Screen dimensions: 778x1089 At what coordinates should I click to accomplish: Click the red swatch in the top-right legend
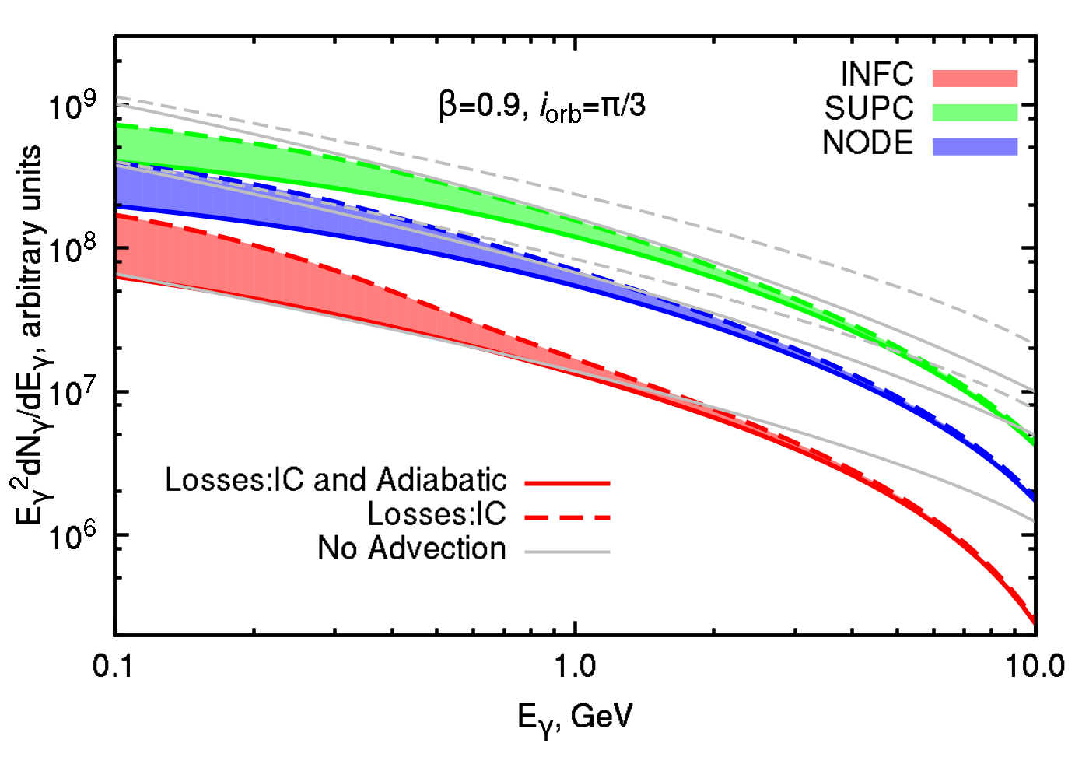pos(975,78)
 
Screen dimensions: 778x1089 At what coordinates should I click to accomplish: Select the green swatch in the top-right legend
pos(975,112)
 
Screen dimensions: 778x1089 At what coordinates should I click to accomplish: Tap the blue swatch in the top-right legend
pos(975,146)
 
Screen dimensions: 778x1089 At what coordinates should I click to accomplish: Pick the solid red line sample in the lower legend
pos(567,484)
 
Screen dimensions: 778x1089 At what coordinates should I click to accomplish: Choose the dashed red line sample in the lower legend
pos(567,517)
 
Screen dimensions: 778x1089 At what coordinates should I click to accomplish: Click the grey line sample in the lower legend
pos(567,552)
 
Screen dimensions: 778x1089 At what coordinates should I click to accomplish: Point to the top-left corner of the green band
pos(118,124)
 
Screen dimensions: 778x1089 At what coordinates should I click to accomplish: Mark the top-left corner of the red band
pos(118,215)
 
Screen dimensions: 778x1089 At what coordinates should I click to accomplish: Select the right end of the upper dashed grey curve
pos(1032,342)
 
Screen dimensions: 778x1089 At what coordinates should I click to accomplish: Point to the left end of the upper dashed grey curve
pos(117,97)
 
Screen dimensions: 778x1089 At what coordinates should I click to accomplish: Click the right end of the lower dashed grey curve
pos(1032,407)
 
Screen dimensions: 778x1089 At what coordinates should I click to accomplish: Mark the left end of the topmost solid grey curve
pos(117,104)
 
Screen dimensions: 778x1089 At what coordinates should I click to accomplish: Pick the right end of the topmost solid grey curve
pos(1032,390)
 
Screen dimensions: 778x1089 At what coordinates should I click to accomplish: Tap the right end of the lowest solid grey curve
pos(1032,520)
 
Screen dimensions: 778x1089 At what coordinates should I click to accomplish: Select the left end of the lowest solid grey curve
pos(117,275)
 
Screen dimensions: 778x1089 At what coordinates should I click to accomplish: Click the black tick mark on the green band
pos(119,147)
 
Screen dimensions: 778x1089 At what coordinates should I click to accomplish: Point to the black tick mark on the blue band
pos(119,205)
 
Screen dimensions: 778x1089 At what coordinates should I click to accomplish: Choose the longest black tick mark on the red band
pos(122,247)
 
